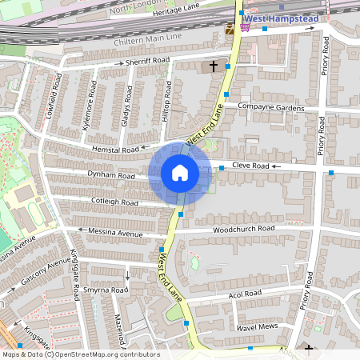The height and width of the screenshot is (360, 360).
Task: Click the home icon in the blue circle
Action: coord(180,173)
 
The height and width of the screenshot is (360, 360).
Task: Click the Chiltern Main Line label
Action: coord(161,36)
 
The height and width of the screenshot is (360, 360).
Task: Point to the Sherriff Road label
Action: coord(147,61)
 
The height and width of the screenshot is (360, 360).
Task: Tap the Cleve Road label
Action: coord(249,166)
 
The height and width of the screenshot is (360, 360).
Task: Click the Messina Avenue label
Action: coord(115,234)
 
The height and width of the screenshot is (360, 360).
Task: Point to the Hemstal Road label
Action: coord(115,150)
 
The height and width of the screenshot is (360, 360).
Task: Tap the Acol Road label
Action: coord(245,294)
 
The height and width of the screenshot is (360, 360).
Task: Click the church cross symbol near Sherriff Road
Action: coord(213,66)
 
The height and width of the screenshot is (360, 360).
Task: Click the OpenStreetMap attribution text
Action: coord(80,354)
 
